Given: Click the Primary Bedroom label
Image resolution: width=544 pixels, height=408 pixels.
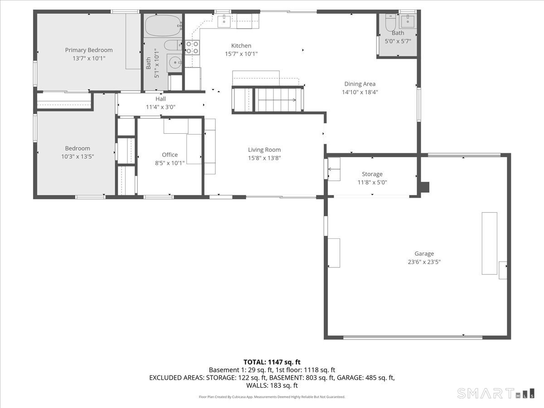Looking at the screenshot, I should click(89, 50).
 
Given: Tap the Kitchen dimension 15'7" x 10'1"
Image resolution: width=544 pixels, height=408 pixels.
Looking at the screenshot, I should click(241, 53).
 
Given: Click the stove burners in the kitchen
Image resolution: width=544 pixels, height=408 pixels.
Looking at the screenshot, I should click(193, 47).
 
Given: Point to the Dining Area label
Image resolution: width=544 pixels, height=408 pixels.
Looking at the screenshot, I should click(360, 84).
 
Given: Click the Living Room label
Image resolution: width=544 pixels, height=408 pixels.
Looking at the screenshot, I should click(264, 150).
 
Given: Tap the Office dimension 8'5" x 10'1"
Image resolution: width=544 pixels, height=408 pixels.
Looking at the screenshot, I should click(170, 163).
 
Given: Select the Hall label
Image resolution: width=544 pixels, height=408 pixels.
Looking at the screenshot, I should click(161, 99).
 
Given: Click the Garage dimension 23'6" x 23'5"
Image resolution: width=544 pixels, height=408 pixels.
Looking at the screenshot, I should click(424, 262).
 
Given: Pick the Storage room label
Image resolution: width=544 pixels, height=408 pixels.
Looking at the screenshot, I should click(372, 174).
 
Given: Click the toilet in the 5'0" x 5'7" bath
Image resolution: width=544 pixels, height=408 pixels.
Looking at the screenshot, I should click(390, 23).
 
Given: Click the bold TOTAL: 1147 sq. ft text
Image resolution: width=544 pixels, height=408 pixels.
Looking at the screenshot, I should click(272, 362).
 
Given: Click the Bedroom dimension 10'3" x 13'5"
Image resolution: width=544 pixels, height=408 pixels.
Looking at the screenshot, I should click(78, 156).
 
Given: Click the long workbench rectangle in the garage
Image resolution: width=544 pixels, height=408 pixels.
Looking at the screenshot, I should click(489, 243).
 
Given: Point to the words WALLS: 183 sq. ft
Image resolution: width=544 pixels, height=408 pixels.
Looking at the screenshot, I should click(272, 385).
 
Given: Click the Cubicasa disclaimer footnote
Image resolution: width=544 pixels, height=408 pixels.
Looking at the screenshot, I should click(272, 397).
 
